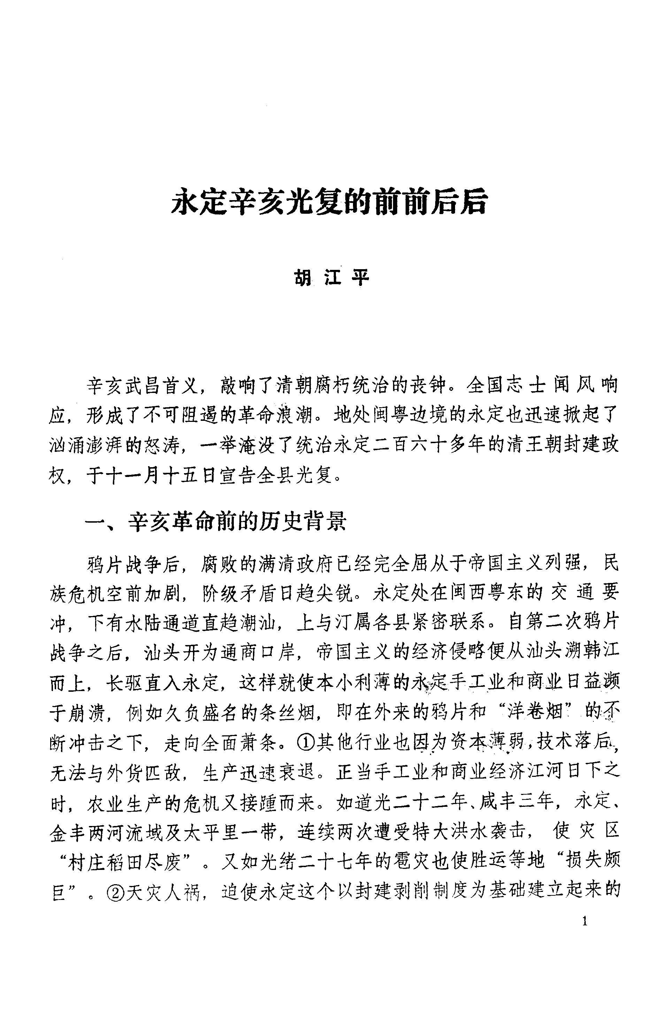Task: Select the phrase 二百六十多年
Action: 415,446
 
